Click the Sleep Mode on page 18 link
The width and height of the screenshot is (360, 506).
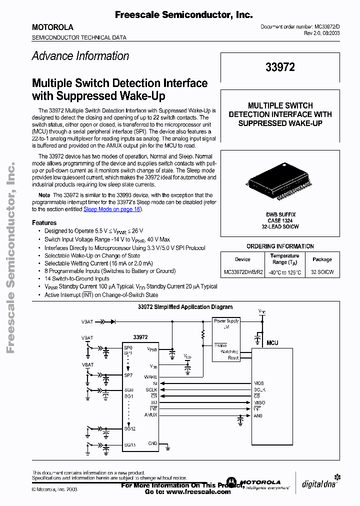112,209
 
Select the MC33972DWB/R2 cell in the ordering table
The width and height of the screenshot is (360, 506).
242,272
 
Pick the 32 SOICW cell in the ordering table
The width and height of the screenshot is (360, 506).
322,272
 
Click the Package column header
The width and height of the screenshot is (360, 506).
322,259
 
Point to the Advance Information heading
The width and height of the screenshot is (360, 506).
80,56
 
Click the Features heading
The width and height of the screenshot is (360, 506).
44,223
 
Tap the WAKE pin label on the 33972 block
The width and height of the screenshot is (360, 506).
150,377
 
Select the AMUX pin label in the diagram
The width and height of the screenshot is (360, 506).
150,414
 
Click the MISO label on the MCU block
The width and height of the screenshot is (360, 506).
259,402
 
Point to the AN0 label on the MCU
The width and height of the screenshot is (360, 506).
257,415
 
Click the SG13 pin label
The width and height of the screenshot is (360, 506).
129,444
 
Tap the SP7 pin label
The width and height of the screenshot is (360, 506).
128,375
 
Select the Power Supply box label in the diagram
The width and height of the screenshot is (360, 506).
226,321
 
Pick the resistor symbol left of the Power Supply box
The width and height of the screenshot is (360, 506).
203,333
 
